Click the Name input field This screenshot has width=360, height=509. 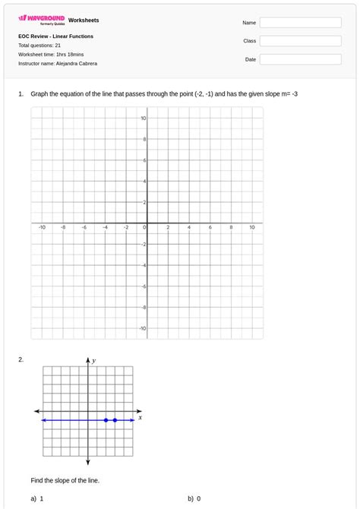click(x=300, y=23)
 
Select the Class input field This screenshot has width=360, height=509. click(x=300, y=41)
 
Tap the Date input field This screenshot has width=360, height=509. click(x=300, y=59)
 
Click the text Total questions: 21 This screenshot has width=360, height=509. click(x=39, y=45)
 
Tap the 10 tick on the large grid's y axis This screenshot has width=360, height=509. click(x=143, y=119)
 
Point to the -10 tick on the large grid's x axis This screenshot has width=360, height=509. click(x=42, y=227)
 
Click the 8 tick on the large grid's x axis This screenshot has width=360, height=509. click(x=231, y=227)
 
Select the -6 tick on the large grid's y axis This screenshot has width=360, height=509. click(x=142, y=286)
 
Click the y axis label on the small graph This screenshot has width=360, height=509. click(x=93, y=361)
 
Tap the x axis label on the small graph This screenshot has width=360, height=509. click(x=141, y=417)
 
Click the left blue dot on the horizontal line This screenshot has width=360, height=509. click(x=106, y=420)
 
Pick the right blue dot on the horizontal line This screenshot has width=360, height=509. click(x=115, y=420)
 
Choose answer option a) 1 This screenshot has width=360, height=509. click(x=37, y=499)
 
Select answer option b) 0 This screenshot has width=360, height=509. click(x=194, y=499)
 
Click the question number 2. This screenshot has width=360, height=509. click(x=21, y=359)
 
